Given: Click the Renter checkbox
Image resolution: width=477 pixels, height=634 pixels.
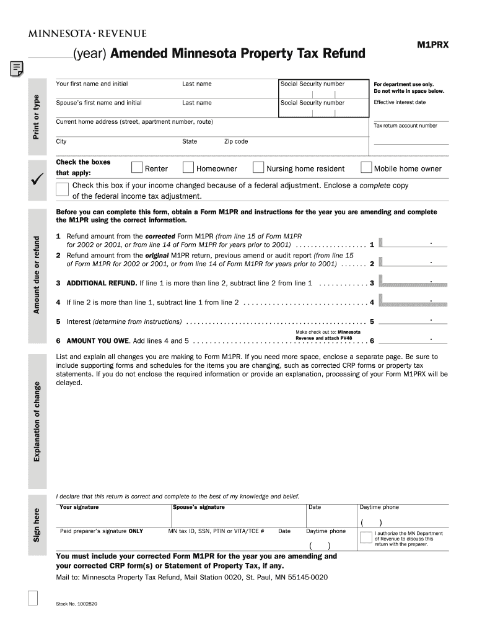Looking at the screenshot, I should point(136,168).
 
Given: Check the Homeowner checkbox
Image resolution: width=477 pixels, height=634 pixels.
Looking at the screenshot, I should point(188,168).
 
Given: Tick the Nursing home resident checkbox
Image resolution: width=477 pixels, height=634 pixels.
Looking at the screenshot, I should point(258,168).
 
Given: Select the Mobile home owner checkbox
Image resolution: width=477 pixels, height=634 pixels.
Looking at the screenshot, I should point(366,168).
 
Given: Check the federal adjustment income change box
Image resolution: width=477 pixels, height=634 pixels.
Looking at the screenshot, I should point(62,188).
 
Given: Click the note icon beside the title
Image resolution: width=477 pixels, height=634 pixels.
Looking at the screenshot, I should point(17,69).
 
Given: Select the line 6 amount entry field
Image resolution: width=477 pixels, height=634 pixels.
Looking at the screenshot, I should point(413,339).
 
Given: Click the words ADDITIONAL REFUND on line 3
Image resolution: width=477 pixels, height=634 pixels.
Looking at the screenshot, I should point(102,283).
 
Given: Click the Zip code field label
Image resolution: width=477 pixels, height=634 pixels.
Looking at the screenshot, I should point(235,142).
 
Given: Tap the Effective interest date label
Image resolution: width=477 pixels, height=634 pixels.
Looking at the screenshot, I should point(400,102).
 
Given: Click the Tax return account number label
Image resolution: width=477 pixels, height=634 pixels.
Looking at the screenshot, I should point(405,126).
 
